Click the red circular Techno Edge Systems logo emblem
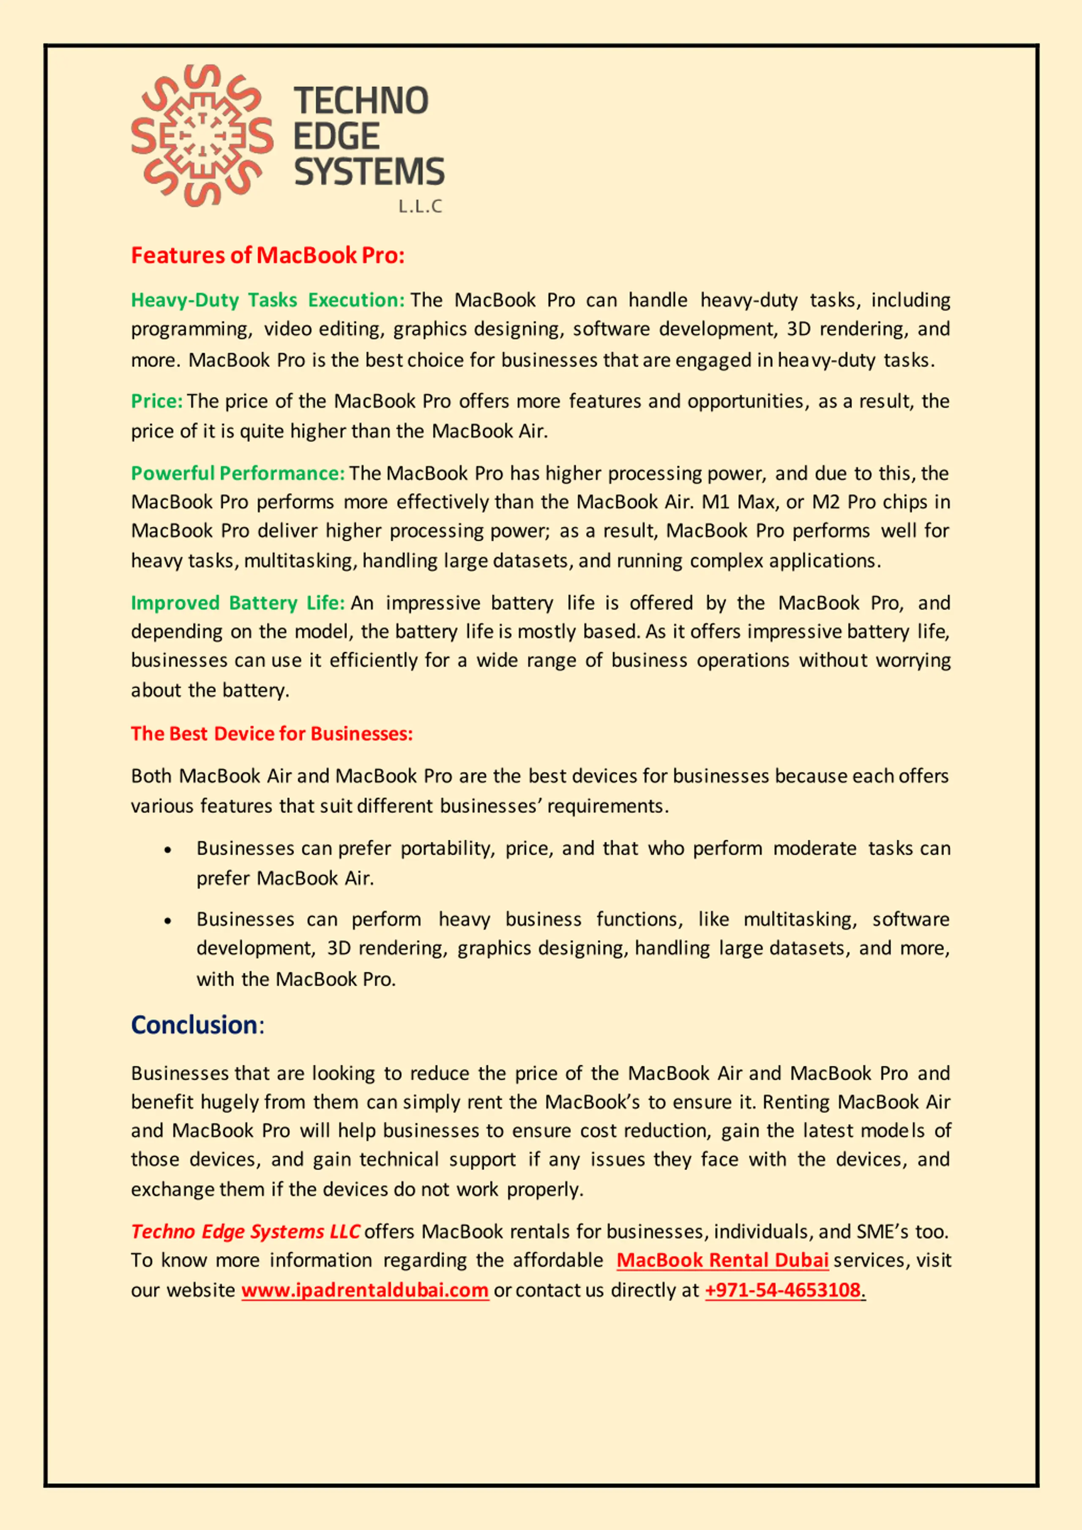[202, 135]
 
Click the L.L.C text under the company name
[420, 207]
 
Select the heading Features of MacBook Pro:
[268, 256]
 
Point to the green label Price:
[156, 401]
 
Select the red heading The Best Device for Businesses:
[272, 734]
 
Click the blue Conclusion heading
[194, 1024]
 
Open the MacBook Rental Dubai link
[722, 1260]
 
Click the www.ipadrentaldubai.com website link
[365, 1290]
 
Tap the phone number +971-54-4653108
[783, 1290]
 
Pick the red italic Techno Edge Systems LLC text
[245, 1232]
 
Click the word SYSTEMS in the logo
[369, 172]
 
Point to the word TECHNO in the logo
[361, 101]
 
